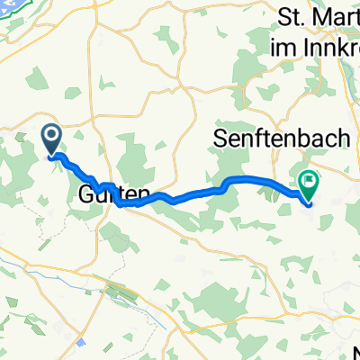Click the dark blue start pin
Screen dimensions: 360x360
[x=51, y=138]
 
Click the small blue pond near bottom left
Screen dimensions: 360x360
[x=81, y=342]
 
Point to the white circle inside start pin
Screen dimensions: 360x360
[x=51, y=135]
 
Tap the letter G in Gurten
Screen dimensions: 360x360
[x=86, y=193]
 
